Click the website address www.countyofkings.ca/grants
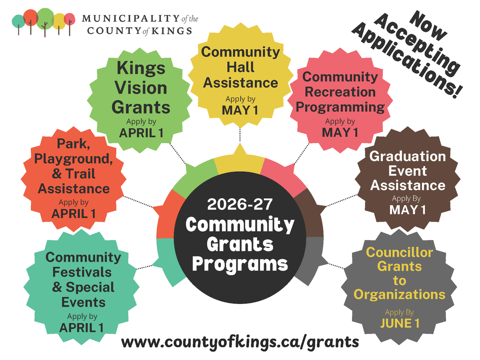pyautogui.click(x=240, y=342)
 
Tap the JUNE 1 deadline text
pyautogui.click(x=400, y=323)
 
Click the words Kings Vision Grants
pyautogui.click(x=141, y=88)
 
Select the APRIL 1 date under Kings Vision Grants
pyautogui.click(x=141, y=133)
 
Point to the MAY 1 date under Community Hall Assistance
pyautogui.click(x=240, y=110)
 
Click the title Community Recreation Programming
pyautogui.click(x=340, y=92)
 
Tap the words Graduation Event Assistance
pyautogui.click(x=407, y=171)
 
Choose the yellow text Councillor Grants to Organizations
pyautogui.click(x=399, y=274)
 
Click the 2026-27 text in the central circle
pyautogui.click(x=240, y=205)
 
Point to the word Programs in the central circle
pyautogui.click(x=240, y=264)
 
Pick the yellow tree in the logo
pyautogui.click(x=59, y=21)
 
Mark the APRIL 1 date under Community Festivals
pyautogui.click(x=82, y=328)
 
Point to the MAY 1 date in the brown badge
pyautogui.click(x=407, y=209)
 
